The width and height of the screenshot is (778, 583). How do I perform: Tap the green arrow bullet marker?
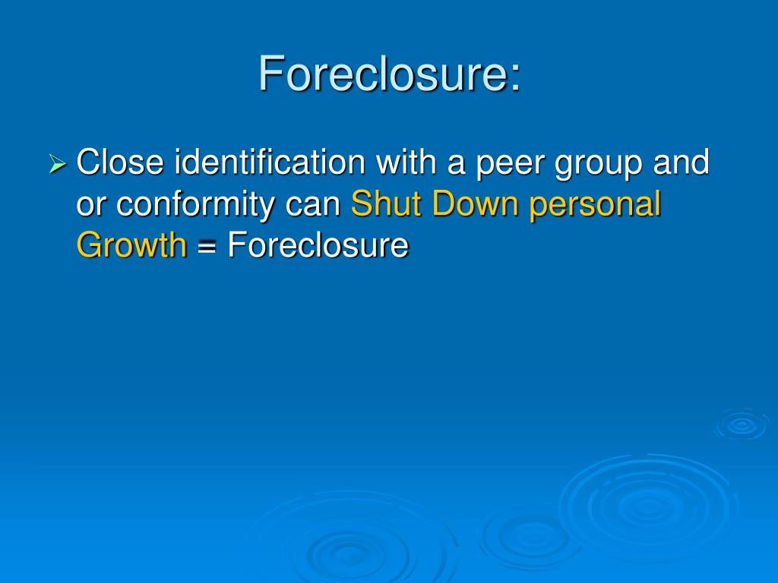(x=58, y=163)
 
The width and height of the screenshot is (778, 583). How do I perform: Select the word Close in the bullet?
(x=121, y=162)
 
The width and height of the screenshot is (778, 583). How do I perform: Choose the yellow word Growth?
(x=131, y=244)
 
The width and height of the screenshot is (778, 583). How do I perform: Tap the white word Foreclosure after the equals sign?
(x=318, y=244)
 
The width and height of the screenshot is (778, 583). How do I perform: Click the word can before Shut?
(x=315, y=205)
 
